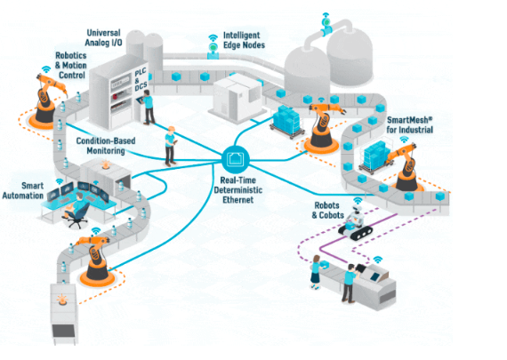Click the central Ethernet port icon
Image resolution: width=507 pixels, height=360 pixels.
pos(236,159)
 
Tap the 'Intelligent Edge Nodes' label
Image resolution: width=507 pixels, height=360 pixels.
pos(244,40)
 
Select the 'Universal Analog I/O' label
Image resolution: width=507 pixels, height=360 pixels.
pos(103,37)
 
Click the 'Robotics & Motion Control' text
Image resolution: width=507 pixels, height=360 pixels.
pos(71,65)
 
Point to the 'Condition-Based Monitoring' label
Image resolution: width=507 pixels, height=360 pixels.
pos(106,146)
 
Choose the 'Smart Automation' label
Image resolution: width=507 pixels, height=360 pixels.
pos(23,190)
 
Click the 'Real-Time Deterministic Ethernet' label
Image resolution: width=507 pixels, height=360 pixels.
pos(238,190)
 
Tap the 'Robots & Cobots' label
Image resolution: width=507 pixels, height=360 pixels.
pos(327,210)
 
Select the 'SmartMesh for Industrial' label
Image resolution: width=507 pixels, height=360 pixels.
pos(410,124)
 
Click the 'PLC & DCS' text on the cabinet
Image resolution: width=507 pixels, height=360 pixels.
pos(141,79)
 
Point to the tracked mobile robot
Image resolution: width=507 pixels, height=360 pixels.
pos(355,223)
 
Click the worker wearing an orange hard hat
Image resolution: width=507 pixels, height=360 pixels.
pos(170,146)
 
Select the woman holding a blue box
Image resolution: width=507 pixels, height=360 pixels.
pos(318,271)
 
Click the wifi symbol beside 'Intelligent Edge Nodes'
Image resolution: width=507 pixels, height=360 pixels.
pos(213,38)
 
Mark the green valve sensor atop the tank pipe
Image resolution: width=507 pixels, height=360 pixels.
pos(326,22)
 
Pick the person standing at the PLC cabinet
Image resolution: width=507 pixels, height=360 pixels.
pos(148,108)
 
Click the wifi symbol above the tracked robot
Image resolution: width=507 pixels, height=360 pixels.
pos(358,200)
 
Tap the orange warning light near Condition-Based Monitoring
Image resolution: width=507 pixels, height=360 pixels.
pos(106,164)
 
